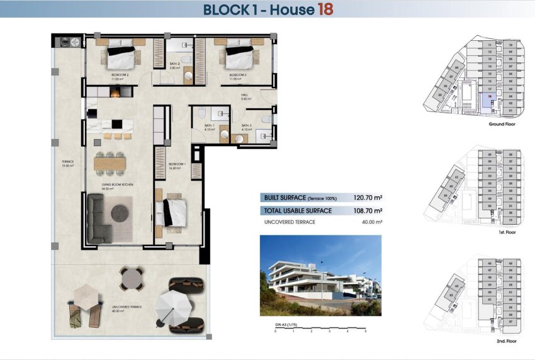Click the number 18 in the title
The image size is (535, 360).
point(324,9)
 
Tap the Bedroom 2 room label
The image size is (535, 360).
point(120,76)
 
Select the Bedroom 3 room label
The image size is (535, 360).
point(237,76)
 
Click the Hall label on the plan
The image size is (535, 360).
point(245,97)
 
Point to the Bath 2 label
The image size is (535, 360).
point(175,65)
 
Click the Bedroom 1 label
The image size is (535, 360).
point(177,166)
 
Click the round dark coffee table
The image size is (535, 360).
point(120,214)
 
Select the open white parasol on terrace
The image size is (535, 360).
point(171,308)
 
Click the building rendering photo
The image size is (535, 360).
point(320,276)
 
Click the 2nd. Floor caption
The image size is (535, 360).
point(505,340)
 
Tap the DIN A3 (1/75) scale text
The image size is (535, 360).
point(286,324)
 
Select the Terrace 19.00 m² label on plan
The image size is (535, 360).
point(67,164)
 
